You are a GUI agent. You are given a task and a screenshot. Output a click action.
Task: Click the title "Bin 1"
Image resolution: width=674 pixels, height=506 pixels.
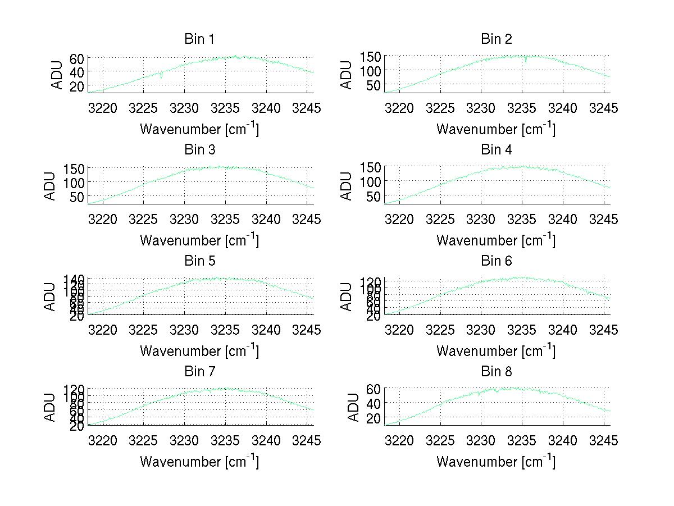coord(199,39)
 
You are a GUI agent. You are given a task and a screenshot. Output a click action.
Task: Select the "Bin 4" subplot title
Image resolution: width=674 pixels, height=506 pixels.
coord(497,150)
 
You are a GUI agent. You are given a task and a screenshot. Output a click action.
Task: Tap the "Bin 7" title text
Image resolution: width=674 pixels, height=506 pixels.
coord(199,372)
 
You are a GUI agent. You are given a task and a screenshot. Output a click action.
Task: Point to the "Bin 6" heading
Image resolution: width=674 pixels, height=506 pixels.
coord(497,261)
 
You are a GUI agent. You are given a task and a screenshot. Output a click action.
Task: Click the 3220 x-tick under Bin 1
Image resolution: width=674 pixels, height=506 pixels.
coord(103,108)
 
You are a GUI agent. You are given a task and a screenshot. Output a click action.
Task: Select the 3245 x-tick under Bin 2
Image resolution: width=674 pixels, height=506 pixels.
coord(604,108)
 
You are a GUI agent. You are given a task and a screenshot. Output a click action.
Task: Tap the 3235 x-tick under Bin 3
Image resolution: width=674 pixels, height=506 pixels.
coord(225,218)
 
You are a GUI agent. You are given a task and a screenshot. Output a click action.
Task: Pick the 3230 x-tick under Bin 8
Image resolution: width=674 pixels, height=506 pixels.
coord(481,440)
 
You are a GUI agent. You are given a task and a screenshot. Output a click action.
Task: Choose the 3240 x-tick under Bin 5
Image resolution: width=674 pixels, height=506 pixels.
coord(266,330)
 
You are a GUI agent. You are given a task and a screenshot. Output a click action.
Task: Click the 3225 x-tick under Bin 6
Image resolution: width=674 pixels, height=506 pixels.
coord(440,330)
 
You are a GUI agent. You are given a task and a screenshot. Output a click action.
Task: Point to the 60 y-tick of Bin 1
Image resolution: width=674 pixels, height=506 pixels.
coord(78,58)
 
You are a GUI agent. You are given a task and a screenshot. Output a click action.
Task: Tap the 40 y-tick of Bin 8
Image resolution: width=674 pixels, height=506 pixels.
coord(374,403)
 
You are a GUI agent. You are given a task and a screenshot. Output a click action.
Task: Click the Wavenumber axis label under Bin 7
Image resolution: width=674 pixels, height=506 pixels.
coord(199,461)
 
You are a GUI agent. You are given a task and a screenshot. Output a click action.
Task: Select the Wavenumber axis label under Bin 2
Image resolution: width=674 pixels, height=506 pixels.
coord(496,129)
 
